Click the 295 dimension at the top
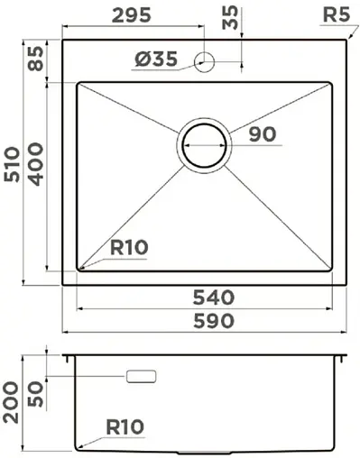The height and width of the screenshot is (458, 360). tap(133, 14)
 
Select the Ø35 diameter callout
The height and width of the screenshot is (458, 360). tap(155, 60)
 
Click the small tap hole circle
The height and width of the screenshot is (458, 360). tap(204, 61)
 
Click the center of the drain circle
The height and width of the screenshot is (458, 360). tap(204, 144)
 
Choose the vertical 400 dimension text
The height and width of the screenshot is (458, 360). tap(35, 164)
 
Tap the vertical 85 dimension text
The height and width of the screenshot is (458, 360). tap(35, 60)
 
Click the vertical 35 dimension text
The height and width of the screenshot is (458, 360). tap(229, 18)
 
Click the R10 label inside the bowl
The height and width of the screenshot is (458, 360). tap(129, 248)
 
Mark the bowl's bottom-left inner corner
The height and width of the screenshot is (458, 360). tap(78, 269)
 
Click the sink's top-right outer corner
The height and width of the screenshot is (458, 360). tap(347, 39)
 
